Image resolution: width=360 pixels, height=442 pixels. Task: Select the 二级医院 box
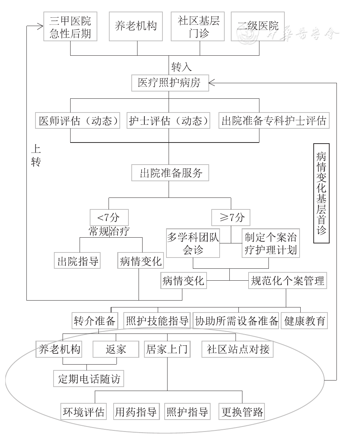(x=258, y=26)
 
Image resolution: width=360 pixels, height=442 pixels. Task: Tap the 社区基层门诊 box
(x=199, y=26)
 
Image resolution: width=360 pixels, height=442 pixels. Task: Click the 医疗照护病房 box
(x=169, y=83)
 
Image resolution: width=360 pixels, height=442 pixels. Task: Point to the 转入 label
(x=181, y=67)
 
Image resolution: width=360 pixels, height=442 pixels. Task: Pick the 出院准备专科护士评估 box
(x=274, y=120)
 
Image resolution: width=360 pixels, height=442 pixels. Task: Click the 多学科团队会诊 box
(x=193, y=243)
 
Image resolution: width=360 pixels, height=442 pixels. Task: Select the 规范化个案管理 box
(x=288, y=281)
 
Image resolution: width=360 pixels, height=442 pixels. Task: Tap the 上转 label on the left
(x=36, y=156)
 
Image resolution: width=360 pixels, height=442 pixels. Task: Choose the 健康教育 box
(x=304, y=321)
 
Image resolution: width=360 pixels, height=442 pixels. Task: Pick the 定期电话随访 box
(x=89, y=379)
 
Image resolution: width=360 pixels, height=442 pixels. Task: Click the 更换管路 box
(x=242, y=412)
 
